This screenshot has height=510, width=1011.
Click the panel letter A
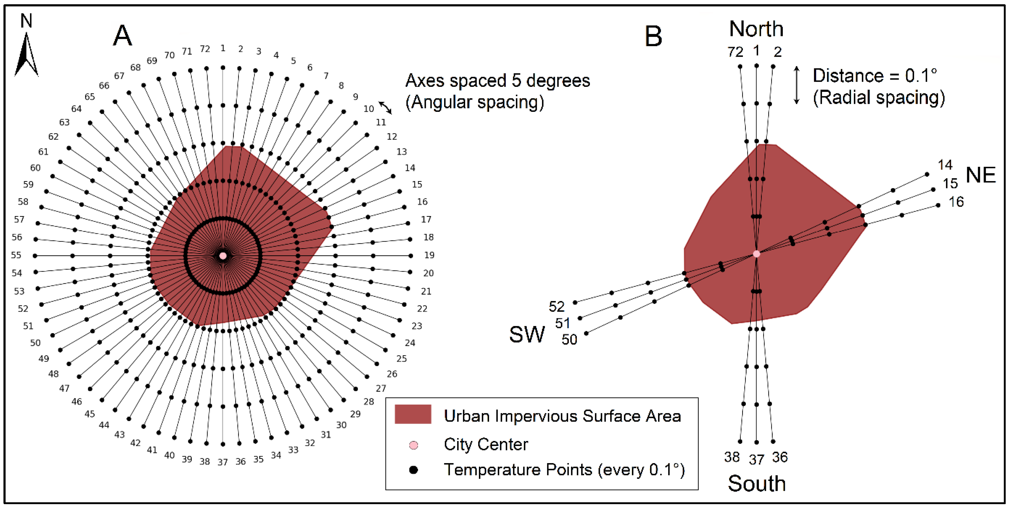122,36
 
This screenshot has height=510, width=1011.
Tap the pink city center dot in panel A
223,256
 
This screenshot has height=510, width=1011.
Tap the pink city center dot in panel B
756,254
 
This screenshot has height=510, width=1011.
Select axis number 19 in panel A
429,255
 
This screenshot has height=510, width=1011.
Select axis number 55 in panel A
16,255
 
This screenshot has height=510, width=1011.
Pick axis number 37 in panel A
223,462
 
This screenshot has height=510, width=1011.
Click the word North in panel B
756,29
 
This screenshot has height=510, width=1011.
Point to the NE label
980,175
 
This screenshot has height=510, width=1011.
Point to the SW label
527,334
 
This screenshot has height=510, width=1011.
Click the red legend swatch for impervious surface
413,414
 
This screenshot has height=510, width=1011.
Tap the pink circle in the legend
413,445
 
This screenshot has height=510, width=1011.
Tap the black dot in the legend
413,470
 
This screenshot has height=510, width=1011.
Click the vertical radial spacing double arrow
796,85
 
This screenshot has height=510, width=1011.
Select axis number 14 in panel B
945,165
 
